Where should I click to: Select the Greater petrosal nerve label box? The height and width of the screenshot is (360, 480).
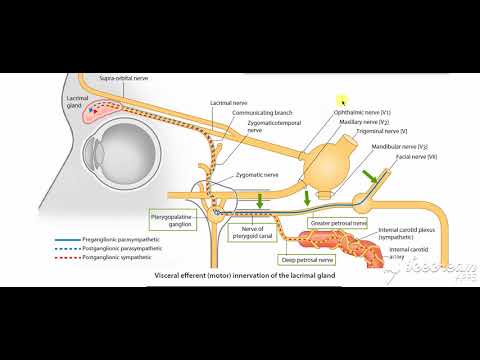pyautogui.click(x=340, y=222)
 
